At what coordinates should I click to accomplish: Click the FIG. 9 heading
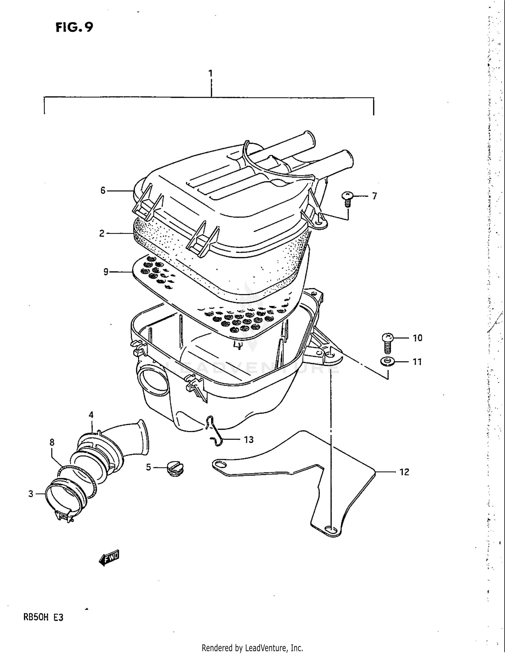click(x=74, y=27)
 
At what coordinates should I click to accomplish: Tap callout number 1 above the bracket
click(x=210, y=73)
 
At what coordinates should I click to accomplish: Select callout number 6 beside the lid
click(x=103, y=191)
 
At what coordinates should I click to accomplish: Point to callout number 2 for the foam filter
click(x=102, y=233)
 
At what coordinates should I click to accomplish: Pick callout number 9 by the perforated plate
click(x=106, y=272)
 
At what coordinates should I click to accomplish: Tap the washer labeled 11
click(x=388, y=362)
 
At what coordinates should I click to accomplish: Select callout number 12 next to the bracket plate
click(x=404, y=472)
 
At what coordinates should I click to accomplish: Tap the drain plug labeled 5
click(x=175, y=469)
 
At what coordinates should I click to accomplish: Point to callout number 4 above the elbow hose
click(x=91, y=415)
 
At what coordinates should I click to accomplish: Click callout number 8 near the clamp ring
click(x=52, y=442)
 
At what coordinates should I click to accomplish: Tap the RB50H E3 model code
click(x=43, y=617)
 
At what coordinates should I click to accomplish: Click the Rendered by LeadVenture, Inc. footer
click(x=252, y=648)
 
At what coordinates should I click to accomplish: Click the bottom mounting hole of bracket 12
click(x=331, y=529)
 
